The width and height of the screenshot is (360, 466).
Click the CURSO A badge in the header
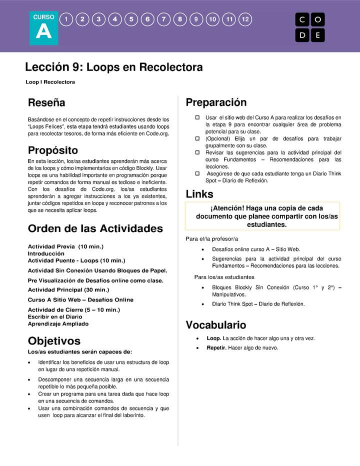click(x=43, y=28)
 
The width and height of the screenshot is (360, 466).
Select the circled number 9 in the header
click(x=196, y=19)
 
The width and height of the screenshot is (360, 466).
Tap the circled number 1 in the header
click(x=66, y=19)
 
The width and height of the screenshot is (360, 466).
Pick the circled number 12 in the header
click(x=245, y=19)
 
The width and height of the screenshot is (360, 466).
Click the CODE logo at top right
click(x=310, y=27)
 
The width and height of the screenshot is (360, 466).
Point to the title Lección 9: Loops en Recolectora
click(x=114, y=67)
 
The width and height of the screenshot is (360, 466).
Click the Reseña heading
click(x=46, y=103)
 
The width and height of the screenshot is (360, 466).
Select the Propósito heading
click(x=53, y=150)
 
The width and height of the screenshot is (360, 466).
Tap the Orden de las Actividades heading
click(x=95, y=229)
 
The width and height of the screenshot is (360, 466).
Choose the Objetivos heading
click(x=54, y=341)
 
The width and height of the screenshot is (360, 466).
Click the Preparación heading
click(x=216, y=103)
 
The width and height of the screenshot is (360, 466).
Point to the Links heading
click(x=199, y=194)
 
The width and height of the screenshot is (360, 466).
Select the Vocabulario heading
click(x=216, y=325)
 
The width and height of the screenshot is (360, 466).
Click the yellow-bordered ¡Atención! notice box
click(x=262, y=216)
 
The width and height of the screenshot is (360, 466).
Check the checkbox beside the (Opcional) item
click(x=197, y=138)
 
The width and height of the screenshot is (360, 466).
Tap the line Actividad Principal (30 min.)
click(x=68, y=289)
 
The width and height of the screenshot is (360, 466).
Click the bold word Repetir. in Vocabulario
click(x=216, y=347)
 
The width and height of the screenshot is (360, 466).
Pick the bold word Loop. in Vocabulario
click(x=214, y=338)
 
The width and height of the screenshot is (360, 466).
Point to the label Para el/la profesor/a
click(x=212, y=238)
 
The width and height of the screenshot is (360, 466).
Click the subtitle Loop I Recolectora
click(x=50, y=82)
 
